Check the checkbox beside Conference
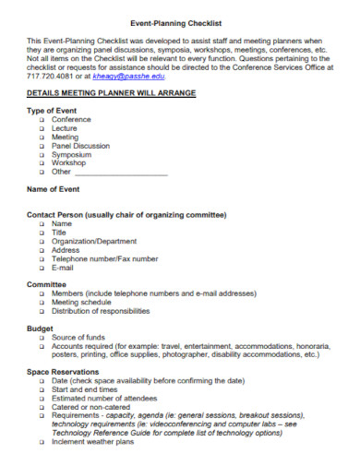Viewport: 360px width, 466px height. [x=42, y=120]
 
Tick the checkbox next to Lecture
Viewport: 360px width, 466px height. [x=42, y=128]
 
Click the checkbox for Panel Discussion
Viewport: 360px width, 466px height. [x=42, y=146]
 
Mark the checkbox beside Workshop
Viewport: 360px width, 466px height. [x=42, y=163]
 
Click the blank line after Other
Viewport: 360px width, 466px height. [x=121, y=172]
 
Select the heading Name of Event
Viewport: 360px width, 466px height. [x=54, y=189]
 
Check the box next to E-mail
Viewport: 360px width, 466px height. [x=42, y=267]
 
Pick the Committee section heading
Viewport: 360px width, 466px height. [x=46, y=285]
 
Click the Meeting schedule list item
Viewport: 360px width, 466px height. [x=81, y=303]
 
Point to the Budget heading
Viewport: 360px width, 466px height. [x=40, y=329]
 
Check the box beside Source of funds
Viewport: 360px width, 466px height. [x=42, y=338]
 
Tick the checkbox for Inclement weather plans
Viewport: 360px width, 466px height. [x=42, y=442]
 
